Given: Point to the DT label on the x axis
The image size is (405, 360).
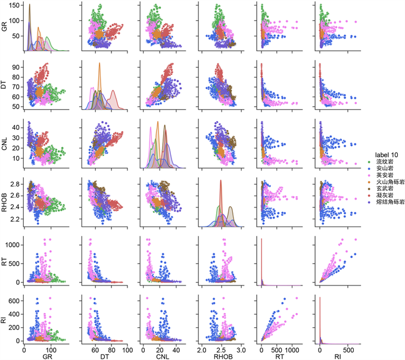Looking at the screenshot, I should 104,356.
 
